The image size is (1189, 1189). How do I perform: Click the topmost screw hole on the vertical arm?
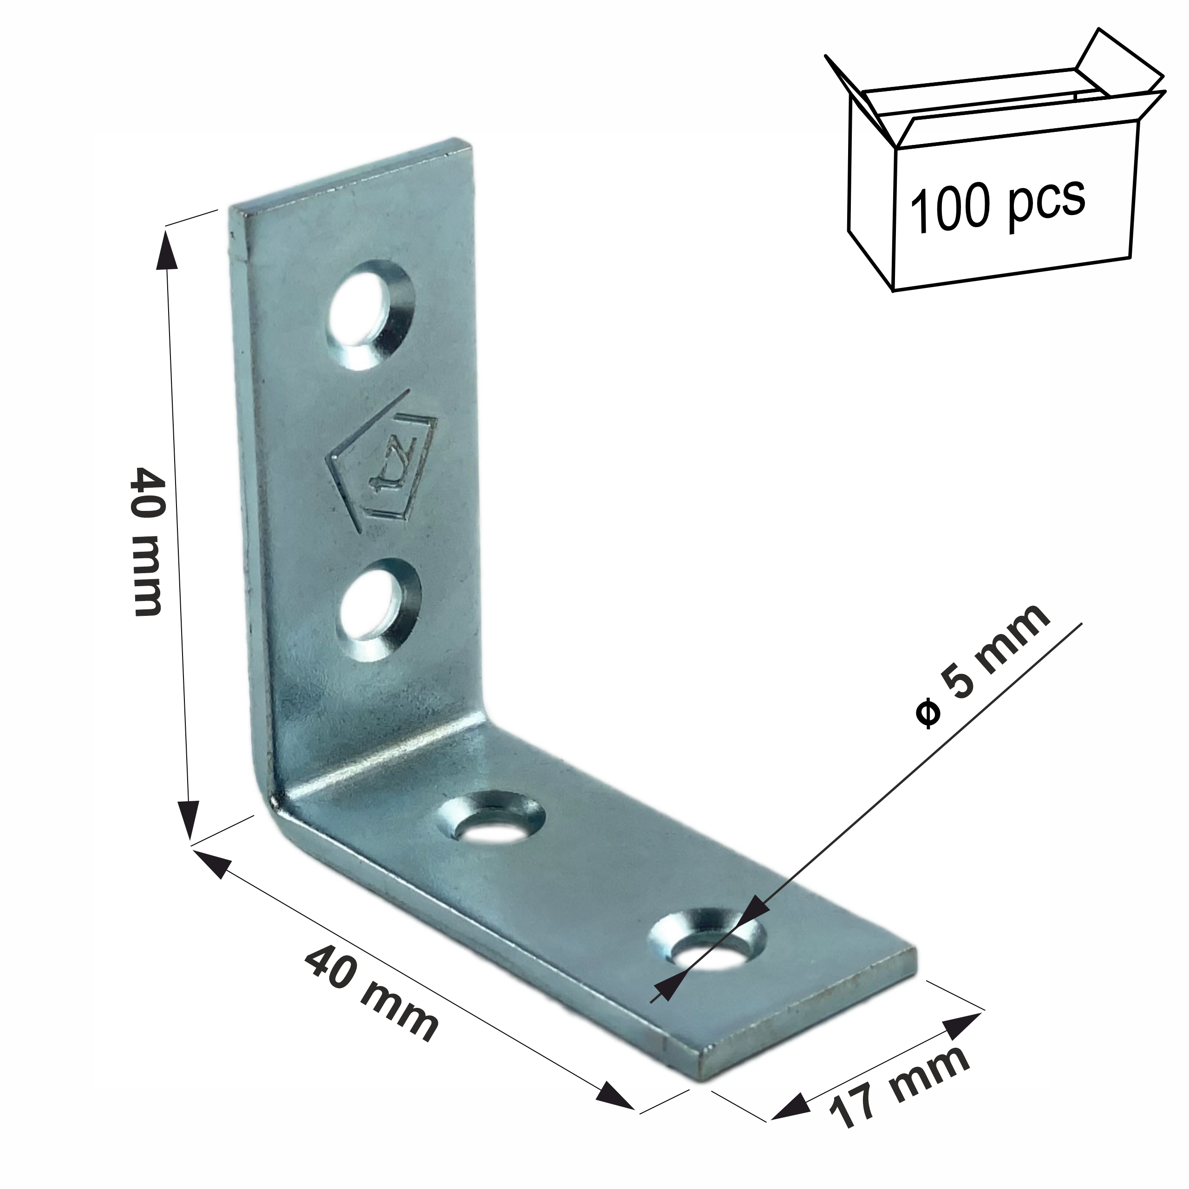369,314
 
